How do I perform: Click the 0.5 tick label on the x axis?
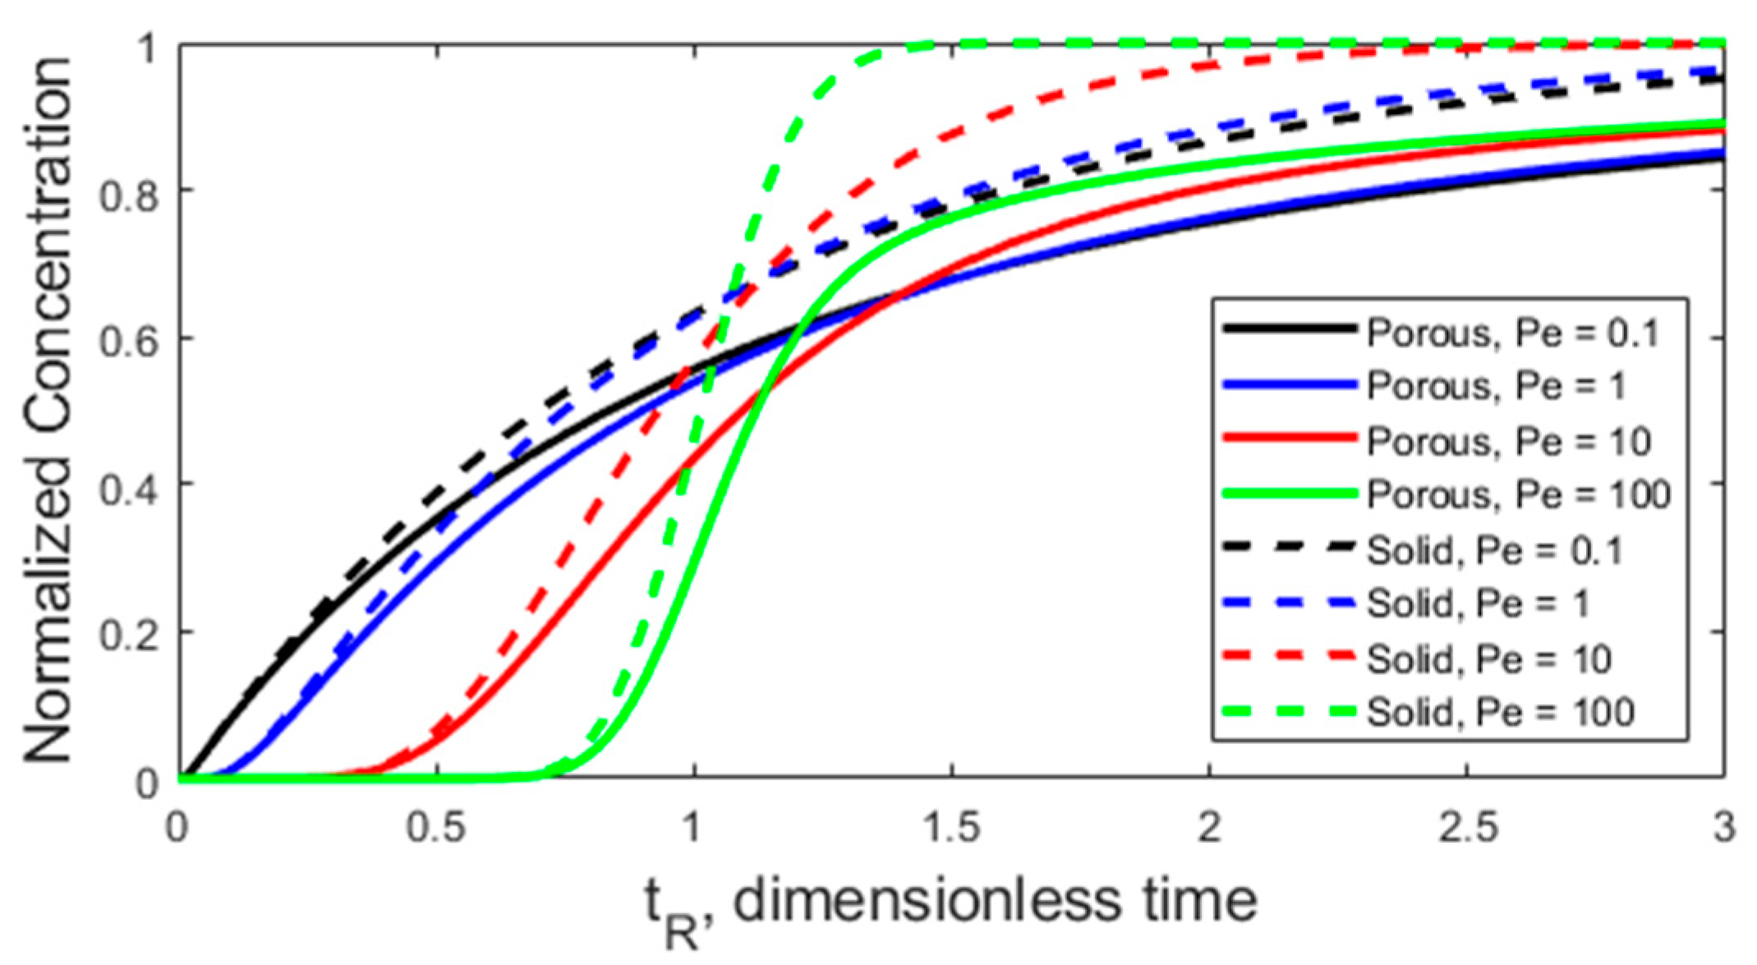(436, 827)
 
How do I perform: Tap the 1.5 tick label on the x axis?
(951, 827)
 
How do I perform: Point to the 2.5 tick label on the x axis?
(1467, 827)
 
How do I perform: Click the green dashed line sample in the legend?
(1289, 711)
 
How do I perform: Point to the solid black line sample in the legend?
(1289, 329)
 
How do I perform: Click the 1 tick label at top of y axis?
(148, 48)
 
